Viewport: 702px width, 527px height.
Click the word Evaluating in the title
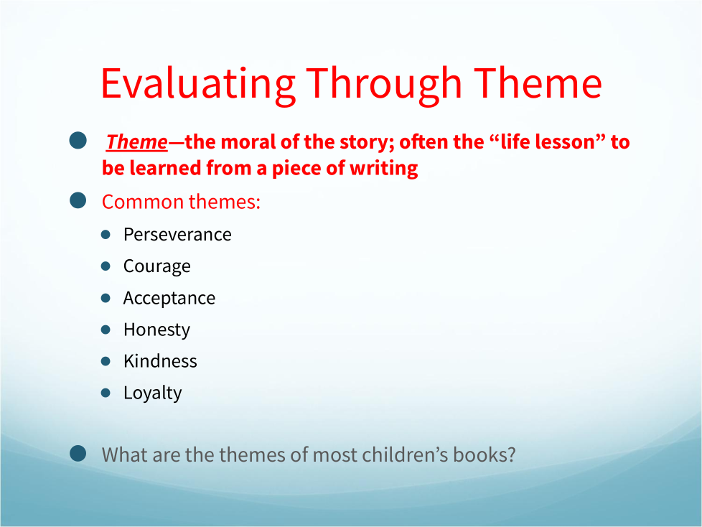(198, 85)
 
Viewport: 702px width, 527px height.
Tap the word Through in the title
(384, 85)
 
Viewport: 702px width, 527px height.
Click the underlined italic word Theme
(137, 142)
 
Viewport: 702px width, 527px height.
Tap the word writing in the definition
(384, 169)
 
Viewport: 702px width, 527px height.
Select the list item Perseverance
(177, 234)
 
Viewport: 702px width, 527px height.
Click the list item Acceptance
(169, 299)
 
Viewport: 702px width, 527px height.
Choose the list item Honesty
(156, 330)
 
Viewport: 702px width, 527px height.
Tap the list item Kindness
(160, 361)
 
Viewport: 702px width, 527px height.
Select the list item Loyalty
(153, 393)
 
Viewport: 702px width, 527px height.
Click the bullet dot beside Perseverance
(106, 235)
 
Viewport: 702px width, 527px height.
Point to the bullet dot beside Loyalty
(106, 393)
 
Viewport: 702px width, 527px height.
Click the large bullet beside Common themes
(78, 200)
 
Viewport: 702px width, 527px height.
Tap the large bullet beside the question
(78, 453)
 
